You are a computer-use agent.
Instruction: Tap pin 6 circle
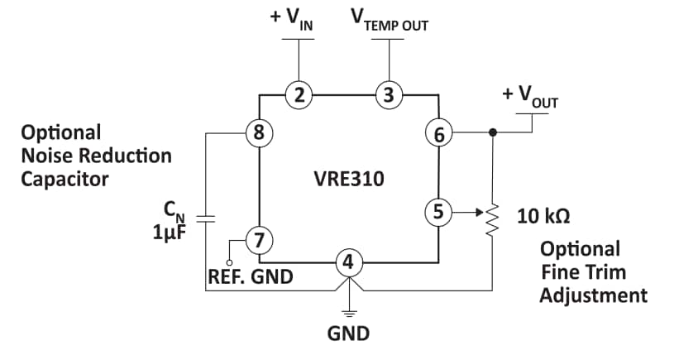[437, 132]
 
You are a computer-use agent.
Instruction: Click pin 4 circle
[348, 263]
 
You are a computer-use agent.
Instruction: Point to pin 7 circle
[259, 241]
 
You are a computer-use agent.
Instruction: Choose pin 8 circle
[259, 132]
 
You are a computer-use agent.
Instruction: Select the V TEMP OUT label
[390, 21]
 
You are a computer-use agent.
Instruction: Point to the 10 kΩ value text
[543, 217]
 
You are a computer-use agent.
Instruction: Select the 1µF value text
[170, 233]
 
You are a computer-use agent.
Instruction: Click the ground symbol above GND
[348, 313]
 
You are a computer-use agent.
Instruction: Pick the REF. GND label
[250, 277]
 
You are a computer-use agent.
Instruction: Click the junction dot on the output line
[494, 132]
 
